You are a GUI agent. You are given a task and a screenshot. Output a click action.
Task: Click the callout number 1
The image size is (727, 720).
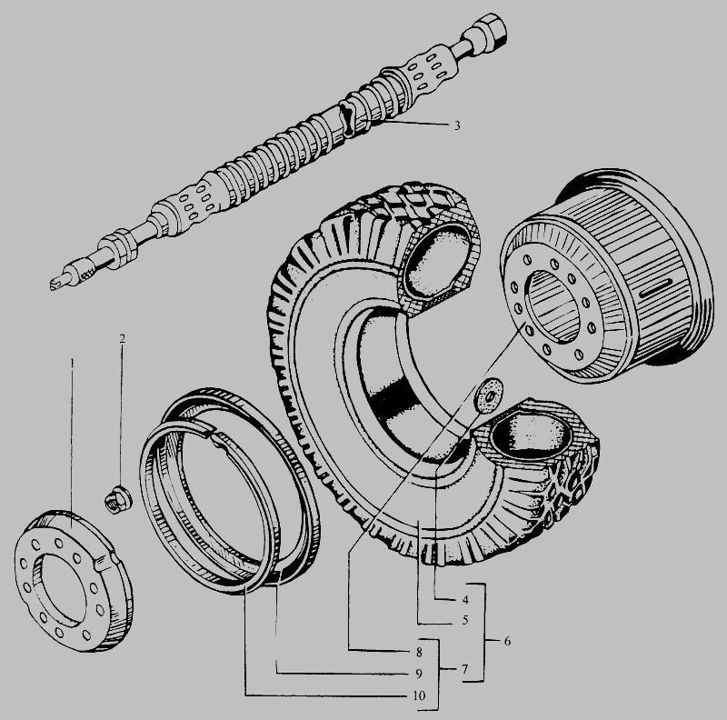click(x=72, y=363)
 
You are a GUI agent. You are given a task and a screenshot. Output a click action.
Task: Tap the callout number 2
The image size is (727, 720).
click(x=122, y=339)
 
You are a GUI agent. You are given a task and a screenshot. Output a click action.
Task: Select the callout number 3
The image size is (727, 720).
click(x=457, y=125)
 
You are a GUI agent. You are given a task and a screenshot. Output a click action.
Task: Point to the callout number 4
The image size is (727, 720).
click(x=465, y=600)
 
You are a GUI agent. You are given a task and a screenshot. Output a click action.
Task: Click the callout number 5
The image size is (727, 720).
click(x=465, y=620)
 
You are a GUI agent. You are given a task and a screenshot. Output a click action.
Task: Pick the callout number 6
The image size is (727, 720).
click(x=507, y=641)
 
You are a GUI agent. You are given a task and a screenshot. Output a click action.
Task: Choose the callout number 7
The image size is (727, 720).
click(x=464, y=669)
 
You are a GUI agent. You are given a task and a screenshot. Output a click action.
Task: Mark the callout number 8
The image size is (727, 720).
click(x=419, y=652)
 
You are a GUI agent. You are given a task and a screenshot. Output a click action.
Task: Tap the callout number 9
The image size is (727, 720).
click(x=419, y=674)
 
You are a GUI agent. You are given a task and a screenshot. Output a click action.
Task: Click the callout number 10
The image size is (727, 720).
click(x=418, y=695)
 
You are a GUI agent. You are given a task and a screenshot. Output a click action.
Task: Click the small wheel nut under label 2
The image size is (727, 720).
click(x=117, y=498)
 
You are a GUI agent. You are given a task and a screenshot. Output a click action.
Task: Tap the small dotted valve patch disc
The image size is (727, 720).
click(x=489, y=395)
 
